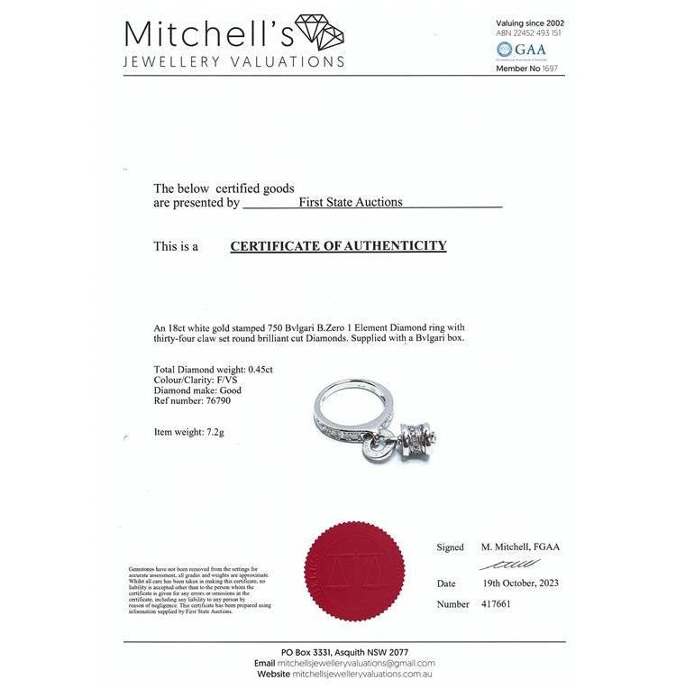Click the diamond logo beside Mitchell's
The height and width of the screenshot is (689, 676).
pyautogui.click(x=320, y=34)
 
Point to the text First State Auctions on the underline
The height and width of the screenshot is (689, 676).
pyautogui.click(x=351, y=203)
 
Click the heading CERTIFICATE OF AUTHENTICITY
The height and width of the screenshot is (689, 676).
pyautogui.click(x=338, y=245)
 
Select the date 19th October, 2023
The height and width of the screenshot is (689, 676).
pyautogui.click(x=516, y=583)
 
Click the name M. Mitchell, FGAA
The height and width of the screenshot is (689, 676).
pyautogui.click(x=520, y=547)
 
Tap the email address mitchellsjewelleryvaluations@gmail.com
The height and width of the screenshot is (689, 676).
pyautogui.click(x=357, y=663)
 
